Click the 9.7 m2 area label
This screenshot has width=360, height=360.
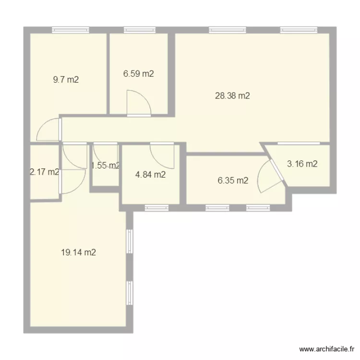coord(66,80)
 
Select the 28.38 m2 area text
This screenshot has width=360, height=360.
coord(232,96)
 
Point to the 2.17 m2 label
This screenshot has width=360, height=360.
coord(44,172)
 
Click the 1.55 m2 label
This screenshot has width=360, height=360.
coord(105,166)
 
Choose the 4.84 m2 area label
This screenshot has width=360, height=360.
coord(150,174)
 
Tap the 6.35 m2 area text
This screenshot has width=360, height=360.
coord(233,180)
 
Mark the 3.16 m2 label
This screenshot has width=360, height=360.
coord(302,164)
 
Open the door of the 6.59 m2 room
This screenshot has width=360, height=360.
coord(138,105)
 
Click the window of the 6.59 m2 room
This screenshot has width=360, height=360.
coord(138,30)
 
